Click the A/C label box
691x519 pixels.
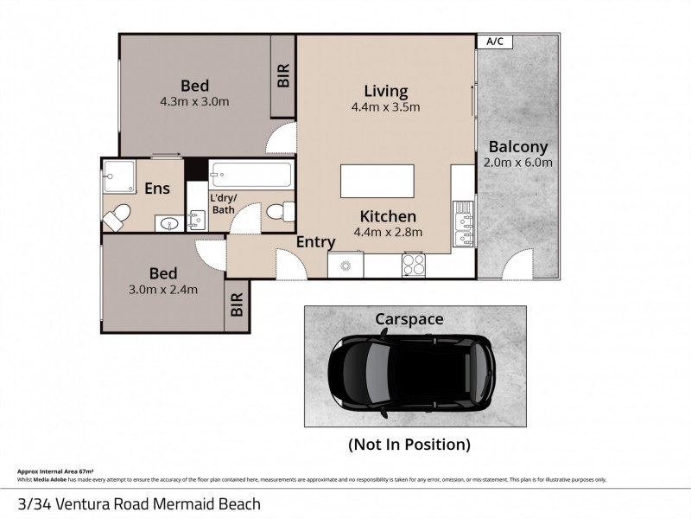tap(496, 40)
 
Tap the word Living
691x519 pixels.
tap(385, 91)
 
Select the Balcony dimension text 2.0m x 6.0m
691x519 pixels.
tap(518, 162)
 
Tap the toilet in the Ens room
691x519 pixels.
tap(120, 213)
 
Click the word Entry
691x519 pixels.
tap(315, 244)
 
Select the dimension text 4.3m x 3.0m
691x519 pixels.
tap(193, 101)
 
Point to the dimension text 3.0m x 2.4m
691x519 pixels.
tap(163, 289)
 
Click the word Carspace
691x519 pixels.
tap(409, 319)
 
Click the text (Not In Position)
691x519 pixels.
tap(409, 445)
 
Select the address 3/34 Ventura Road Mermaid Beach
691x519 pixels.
tap(139, 502)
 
